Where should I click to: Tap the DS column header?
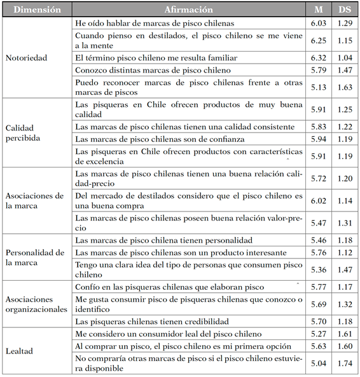click(x=344, y=10)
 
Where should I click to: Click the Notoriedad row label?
click(x=26, y=57)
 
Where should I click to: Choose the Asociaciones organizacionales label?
click(x=35, y=304)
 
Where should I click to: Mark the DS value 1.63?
click(x=344, y=87)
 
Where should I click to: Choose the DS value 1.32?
click(x=344, y=304)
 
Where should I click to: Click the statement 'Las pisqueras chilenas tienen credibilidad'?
click(x=160, y=322)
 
